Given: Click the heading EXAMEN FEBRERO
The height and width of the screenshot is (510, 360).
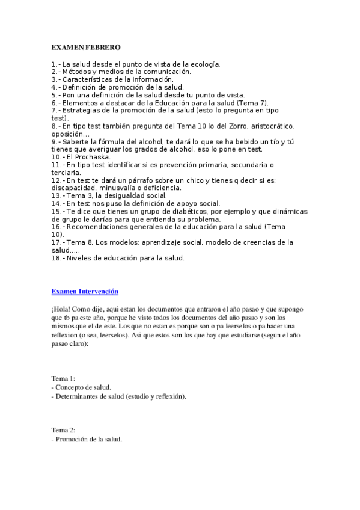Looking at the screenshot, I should coord(86,47).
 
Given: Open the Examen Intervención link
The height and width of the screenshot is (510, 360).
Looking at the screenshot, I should coord(85,292).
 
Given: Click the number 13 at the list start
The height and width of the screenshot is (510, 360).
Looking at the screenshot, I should coord(55,196).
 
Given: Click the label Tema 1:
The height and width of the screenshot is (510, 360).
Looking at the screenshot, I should coord(64,378).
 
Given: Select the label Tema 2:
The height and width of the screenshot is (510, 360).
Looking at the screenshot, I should coord(64,430).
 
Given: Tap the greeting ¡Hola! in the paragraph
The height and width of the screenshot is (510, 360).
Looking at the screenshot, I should coord(62,309).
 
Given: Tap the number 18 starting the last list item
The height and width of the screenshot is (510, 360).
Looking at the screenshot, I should coord(55,259).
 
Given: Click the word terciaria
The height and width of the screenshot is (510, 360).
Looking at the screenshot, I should coord(67,173).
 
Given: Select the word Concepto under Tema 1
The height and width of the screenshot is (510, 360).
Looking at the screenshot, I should coord(71,387).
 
